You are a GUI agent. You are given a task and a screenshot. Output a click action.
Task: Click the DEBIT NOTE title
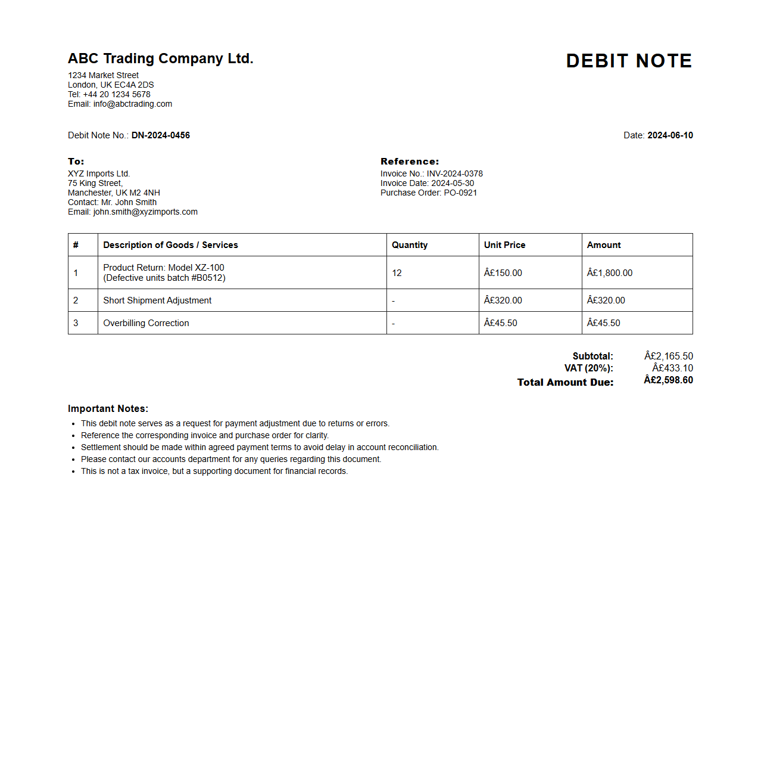[x=629, y=61]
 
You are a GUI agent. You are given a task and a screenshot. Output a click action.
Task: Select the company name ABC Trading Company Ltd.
[x=160, y=58]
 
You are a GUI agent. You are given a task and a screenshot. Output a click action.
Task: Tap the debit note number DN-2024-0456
[x=161, y=135]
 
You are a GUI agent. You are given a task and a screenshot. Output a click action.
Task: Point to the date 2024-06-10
[x=670, y=135]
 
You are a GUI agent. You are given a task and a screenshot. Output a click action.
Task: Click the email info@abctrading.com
[x=132, y=104]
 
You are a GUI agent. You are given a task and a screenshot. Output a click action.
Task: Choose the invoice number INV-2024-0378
[x=454, y=173]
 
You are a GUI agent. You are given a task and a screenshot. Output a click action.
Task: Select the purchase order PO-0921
[x=460, y=193]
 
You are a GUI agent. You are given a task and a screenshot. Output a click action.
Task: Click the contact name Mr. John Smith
[x=129, y=202]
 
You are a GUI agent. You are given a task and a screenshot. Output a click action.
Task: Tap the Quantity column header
[x=410, y=245]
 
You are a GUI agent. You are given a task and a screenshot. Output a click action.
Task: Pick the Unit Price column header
[x=504, y=245]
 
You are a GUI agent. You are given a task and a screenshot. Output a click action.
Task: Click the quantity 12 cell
[x=397, y=273]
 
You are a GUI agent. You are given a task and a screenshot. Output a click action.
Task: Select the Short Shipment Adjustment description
[x=157, y=300]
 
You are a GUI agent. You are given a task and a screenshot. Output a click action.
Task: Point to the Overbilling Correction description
[x=146, y=323]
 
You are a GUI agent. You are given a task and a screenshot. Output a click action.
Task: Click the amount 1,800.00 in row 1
[x=610, y=273]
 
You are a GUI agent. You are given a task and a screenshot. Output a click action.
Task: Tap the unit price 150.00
[x=503, y=273]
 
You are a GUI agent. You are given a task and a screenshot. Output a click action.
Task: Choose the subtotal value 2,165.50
[x=669, y=356]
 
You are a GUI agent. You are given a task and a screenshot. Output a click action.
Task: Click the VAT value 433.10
[x=672, y=368]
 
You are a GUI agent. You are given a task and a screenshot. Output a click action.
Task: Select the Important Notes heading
[x=108, y=408]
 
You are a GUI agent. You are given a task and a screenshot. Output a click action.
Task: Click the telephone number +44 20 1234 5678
[x=117, y=94]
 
